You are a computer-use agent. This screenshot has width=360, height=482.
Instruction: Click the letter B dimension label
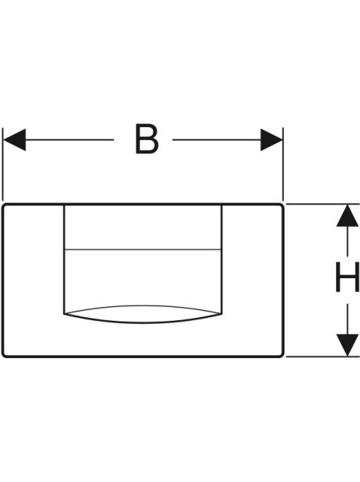[147, 139]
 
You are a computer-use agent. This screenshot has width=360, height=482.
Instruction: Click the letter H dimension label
[348, 277]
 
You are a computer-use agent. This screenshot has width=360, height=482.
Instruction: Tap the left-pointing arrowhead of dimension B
[15, 140]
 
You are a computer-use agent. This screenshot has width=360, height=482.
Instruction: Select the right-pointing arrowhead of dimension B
[271, 140]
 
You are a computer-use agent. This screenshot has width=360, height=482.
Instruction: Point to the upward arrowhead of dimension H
[348, 216]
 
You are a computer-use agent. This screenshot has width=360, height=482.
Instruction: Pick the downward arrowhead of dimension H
[348, 346]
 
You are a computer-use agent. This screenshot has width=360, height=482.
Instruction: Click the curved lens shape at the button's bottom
[143, 314]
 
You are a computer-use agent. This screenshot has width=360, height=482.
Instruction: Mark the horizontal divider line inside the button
[143, 249]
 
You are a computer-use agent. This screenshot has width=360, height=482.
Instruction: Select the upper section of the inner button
[143, 227]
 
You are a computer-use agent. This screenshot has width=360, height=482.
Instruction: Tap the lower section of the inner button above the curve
[143, 277]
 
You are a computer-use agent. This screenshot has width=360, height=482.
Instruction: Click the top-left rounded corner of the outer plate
[4, 206]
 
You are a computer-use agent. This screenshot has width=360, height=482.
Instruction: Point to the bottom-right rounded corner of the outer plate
[281, 355]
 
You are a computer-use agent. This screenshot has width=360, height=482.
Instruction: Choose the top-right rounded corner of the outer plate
[281, 206]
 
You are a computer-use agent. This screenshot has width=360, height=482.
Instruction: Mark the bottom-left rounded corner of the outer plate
[4, 355]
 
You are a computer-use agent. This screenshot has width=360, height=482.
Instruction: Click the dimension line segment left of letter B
[70, 140]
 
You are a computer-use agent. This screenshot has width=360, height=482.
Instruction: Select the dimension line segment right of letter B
[216, 140]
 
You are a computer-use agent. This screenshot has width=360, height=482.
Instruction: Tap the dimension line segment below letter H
[348, 319]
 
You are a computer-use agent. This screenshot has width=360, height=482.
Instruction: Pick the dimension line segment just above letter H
[348, 241]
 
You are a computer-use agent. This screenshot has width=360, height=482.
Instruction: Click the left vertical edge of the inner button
[65, 259]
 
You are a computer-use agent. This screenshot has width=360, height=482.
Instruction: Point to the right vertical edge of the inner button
[221, 259]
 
